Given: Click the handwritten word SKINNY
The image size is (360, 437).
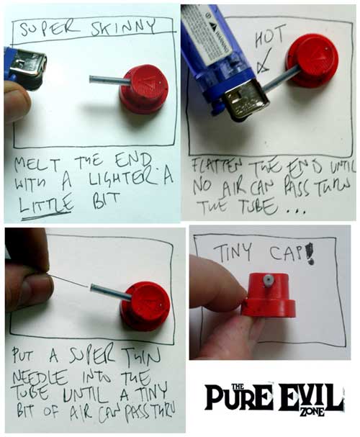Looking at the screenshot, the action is (x=123, y=27).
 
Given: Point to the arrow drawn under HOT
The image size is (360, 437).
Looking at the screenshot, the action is (x=264, y=60).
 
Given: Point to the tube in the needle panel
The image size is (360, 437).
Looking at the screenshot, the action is (x=111, y=292).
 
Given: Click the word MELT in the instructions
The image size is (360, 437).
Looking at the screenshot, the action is (x=37, y=164).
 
